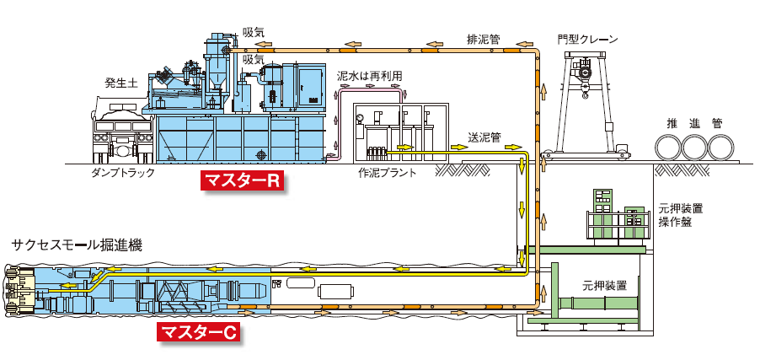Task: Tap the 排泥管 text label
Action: (483, 39)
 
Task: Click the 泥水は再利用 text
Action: (369, 76)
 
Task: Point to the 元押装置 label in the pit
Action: (604, 285)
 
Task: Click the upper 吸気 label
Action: (253, 32)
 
